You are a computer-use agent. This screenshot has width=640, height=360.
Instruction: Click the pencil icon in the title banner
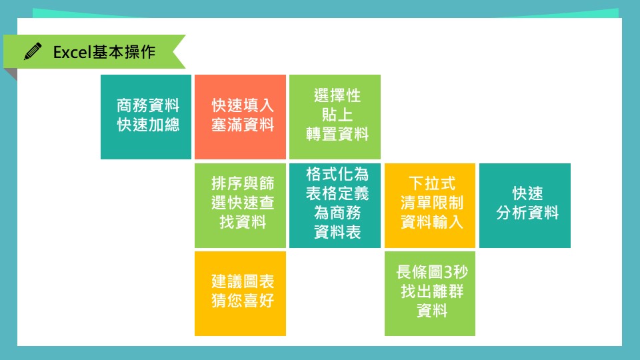pos(33,51)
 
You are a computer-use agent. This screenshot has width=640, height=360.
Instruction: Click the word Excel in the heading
pos(72,52)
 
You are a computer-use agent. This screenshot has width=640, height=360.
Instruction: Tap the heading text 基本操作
pos(124,52)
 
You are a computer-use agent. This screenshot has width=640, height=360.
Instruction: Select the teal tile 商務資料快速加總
pos(146,117)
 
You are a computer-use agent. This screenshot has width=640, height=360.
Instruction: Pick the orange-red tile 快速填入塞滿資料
pos(240,117)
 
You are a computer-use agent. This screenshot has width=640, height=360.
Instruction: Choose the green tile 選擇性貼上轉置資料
pos(335,117)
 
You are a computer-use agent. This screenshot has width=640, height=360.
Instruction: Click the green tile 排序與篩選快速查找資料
pos(240,205)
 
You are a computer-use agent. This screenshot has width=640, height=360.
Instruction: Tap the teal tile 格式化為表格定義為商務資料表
pos(335,205)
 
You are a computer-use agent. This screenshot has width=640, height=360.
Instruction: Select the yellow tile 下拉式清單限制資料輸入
pos(430,205)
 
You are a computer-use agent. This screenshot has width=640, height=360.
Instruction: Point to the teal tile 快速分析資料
pos(525,205)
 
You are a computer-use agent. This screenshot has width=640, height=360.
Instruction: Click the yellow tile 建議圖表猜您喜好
pos(240,293)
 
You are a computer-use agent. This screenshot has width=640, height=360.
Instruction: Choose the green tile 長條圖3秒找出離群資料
pos(430,293)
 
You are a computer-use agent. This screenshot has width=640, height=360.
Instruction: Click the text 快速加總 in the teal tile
pos(148,125)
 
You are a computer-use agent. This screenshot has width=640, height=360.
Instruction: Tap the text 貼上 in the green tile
pos(337,115)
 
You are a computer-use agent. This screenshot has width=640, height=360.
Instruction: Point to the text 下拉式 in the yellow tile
pos(432,183)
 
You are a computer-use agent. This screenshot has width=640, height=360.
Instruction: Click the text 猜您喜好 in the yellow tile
pos(243,301)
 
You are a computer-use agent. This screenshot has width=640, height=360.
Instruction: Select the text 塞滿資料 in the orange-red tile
pos(243,125)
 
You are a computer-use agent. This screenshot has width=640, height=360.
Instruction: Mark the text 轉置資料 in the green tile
pos(337,134)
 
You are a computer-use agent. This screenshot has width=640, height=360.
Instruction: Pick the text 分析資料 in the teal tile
pos(527,213)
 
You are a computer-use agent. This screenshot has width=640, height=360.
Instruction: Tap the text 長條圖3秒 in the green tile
pos(432,272)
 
